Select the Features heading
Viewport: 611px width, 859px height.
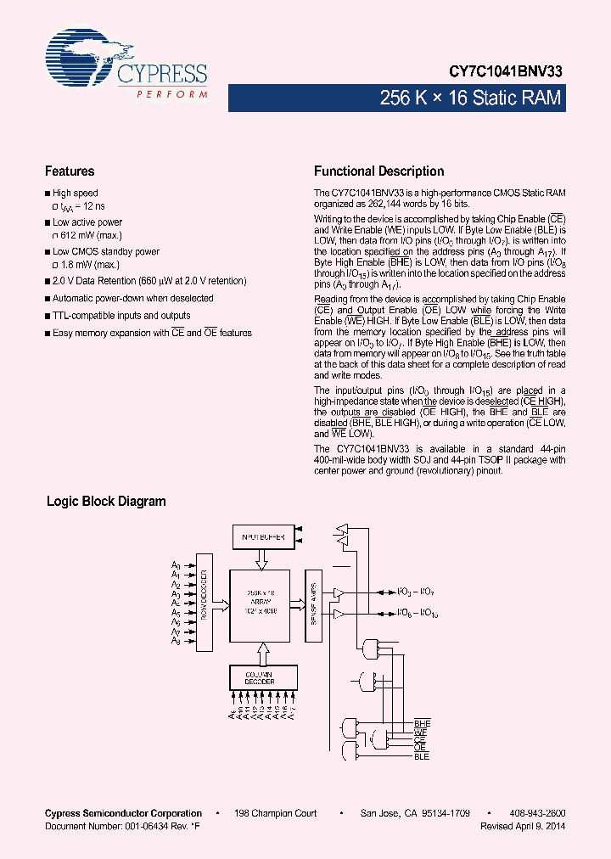point(70,171)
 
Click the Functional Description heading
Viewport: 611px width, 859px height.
point(378,171)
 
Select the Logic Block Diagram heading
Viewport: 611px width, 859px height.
point(106,501)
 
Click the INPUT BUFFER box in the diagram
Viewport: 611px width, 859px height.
point(263,537)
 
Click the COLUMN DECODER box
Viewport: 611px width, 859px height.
point(263,677)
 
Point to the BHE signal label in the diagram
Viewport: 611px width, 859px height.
point(422,723)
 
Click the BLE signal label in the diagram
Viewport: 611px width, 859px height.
point(422,755)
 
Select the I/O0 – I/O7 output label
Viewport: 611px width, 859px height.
point(417,591)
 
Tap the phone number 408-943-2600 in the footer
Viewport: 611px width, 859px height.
point(537,813)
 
